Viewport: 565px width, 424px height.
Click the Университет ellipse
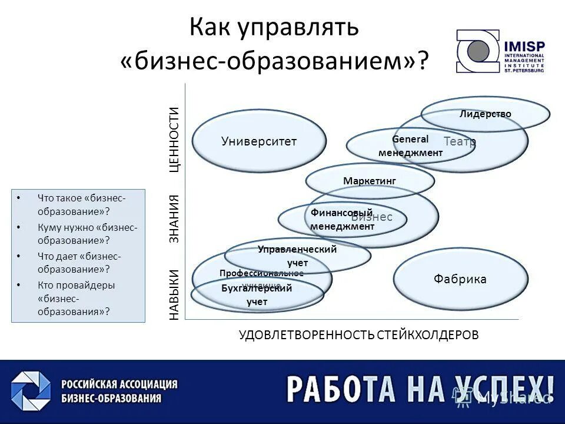coord(259,141)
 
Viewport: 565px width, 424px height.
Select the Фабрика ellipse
coord(460,279)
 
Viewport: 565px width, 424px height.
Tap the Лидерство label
coord(486,114)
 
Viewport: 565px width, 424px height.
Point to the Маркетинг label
coord(370,181)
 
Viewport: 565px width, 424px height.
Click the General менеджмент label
coord(410,146)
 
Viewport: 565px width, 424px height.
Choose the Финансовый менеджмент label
coord(342,219)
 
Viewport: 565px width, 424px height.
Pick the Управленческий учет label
coord(297,256)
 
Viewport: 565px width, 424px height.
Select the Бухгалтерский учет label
coord(257,294)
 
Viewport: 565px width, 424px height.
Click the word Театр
coord(460,141)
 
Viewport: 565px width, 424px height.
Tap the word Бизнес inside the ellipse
coord(376,217)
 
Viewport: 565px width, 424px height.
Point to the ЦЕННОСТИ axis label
coord(174,139)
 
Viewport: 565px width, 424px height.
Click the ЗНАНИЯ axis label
coord(174,219)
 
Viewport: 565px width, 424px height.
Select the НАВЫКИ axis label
coord(174,294)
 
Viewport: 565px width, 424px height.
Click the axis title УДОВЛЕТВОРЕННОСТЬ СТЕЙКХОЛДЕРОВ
coord(359,334)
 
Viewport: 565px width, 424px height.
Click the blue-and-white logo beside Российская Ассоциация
coord(31,390)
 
